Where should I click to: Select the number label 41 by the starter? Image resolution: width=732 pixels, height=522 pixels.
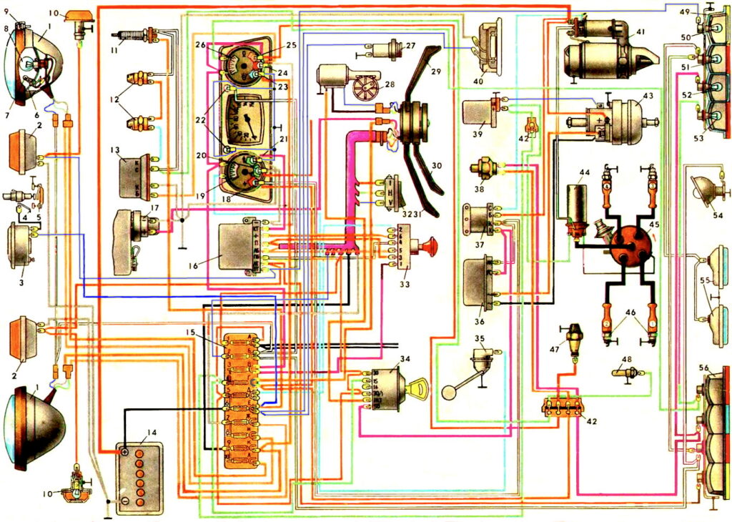point(640,31)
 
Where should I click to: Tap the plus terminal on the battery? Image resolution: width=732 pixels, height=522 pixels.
point(124,451)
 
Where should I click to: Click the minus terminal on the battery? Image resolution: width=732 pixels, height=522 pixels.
point(124,501)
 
